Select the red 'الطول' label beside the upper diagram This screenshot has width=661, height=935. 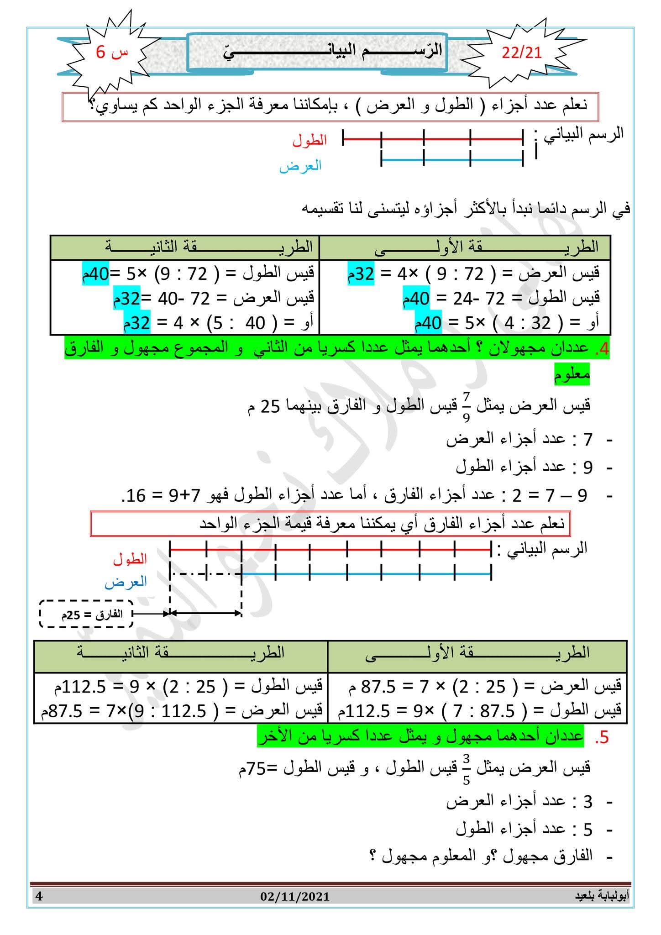click(310, 140)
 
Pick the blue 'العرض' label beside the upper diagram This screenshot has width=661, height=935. click(300, 165)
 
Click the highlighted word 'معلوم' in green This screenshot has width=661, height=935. click(572, 375)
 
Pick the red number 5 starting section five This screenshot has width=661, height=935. click(602, 738)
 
